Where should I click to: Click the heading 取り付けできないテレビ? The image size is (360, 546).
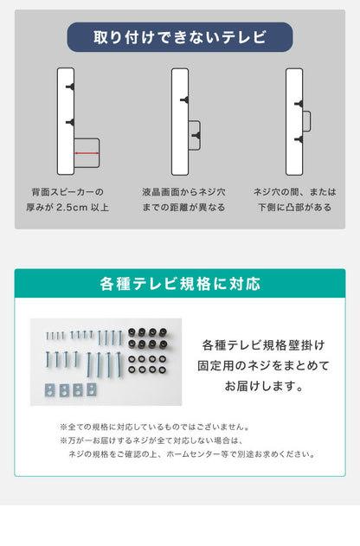pos(180,37)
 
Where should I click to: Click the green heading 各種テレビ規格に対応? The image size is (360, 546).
pos(180,284)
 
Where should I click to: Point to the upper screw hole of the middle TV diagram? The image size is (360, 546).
pos(184,100)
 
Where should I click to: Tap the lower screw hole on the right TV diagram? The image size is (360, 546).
pos(299,138)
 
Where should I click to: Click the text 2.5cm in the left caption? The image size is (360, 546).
pos(74,208)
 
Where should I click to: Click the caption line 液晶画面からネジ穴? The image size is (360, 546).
pos(183,192)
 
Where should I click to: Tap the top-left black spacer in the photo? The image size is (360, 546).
pos(134,332)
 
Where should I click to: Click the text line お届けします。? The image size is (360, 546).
pos(263,387)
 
